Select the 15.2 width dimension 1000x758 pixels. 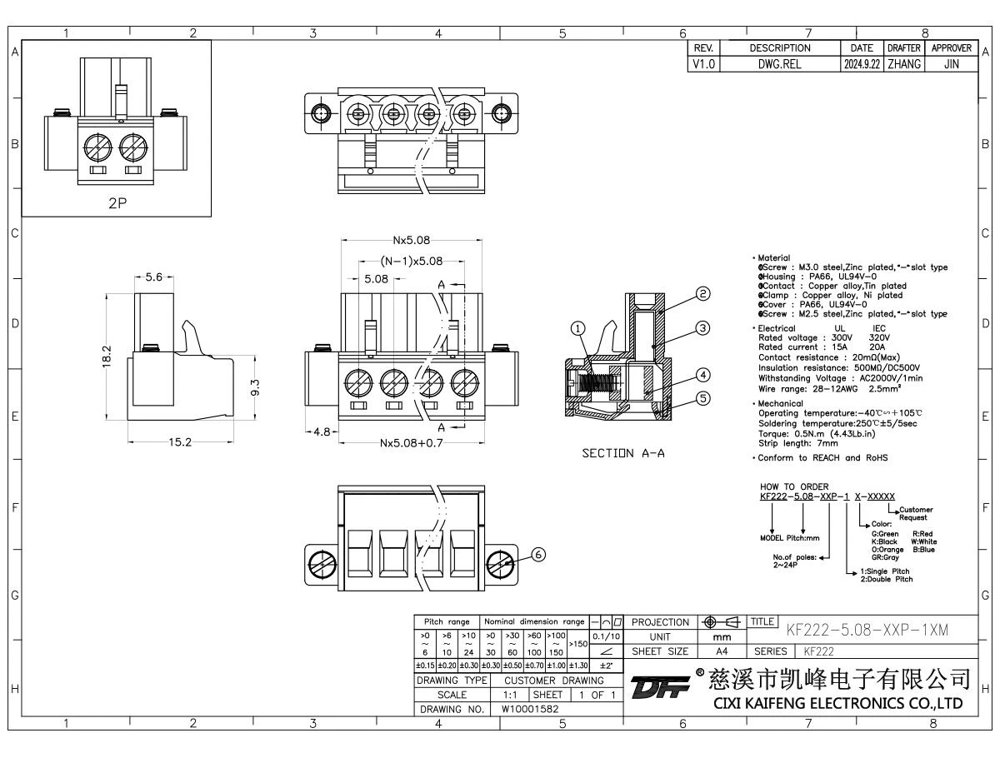180,442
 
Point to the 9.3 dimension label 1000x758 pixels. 254,388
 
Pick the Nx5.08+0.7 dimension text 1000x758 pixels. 410,442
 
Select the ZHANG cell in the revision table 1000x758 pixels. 902,62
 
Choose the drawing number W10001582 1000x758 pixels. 530,709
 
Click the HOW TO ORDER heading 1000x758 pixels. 794,486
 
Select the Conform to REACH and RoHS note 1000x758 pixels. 822,458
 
